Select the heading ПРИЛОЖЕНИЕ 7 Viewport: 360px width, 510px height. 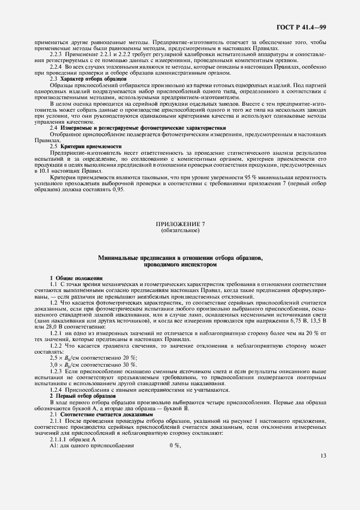pos(180,224)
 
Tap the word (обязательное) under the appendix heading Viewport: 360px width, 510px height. pos(180,230)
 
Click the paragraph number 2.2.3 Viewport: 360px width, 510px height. pos(56,54)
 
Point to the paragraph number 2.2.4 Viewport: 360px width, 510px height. pos(56,66)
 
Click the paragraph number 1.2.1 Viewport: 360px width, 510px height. pos(56,333)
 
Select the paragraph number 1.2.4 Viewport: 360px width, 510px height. pos(56,390)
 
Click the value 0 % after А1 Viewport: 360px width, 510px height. pos(175,446)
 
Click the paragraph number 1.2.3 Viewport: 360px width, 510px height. pos(56,371)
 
